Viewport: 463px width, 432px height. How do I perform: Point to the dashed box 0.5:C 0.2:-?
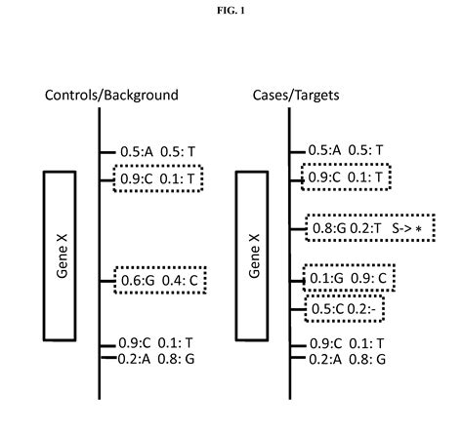343,309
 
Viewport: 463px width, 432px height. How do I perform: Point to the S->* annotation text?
410,228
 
